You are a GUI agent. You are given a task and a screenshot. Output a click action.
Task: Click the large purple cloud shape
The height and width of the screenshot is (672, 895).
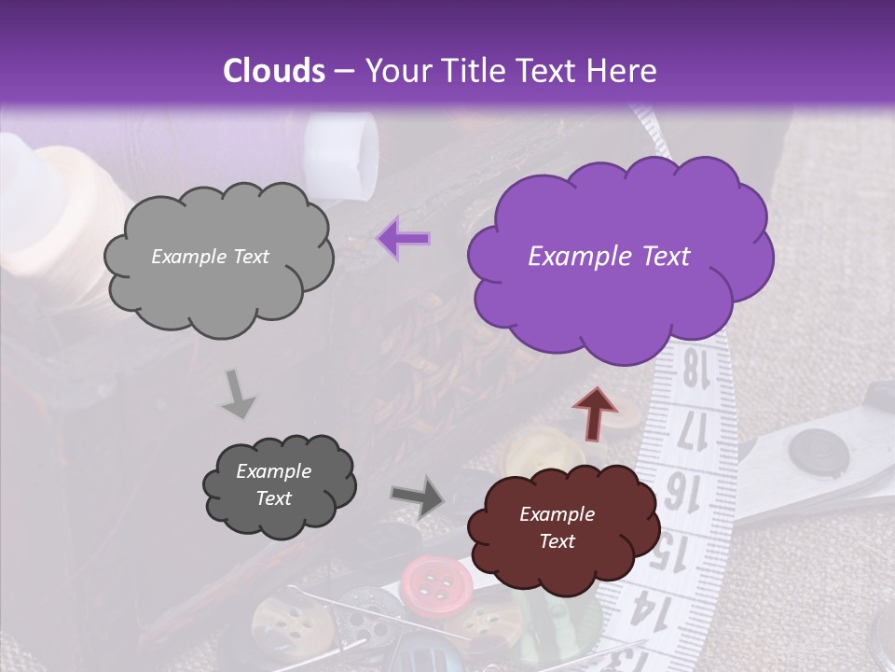pos(616,257)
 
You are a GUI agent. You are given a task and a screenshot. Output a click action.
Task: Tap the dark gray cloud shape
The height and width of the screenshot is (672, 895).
pos(278,485)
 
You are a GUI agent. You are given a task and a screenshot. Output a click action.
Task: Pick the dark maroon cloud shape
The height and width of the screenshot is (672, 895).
pos(561,528)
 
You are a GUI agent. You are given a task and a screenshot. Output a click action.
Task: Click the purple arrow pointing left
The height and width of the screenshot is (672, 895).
pos(404,239)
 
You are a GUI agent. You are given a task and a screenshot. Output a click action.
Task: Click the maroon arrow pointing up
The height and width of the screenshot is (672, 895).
pos(594,411)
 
